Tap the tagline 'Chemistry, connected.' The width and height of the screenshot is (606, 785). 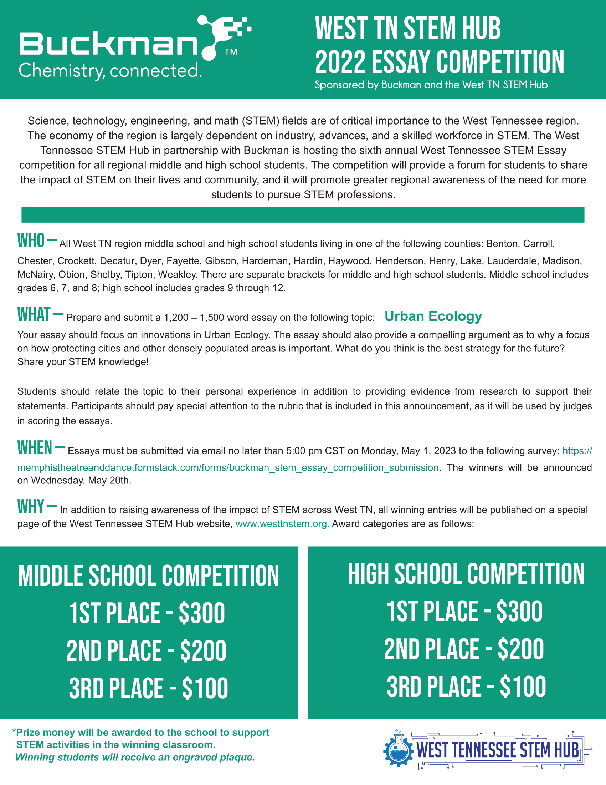tap(110, 70)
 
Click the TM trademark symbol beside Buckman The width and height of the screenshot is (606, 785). tap(231, 52)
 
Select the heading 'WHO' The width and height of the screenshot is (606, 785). tap(31, 241)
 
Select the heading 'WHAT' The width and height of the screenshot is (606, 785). tap(34, 314)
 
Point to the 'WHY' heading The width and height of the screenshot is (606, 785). tap(31, 506)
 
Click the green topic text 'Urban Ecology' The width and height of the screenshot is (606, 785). tap(433, 316)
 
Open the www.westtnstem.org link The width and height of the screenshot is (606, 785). tap(282, 524)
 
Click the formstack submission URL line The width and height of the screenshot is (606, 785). tap(228, 467)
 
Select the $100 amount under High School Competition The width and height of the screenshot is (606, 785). tap(523, 687)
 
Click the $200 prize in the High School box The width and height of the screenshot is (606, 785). tap(520, 649)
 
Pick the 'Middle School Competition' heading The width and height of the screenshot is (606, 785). tap(148, 576)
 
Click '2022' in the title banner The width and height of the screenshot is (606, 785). tap(340, 62)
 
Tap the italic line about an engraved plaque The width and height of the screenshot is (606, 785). tap(135, 757)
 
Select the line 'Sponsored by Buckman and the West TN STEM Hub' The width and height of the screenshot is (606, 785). tap(431, 85)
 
